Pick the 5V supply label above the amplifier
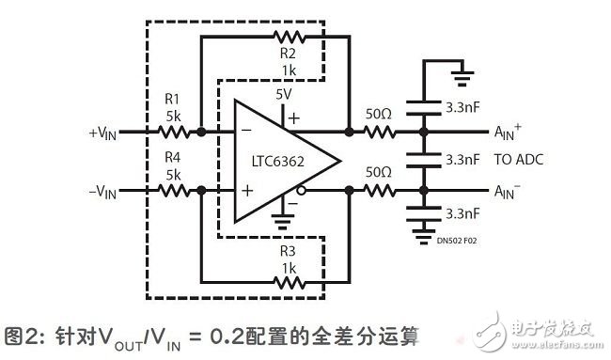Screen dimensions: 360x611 click(x=286, y=94)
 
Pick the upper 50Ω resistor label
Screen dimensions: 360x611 click(x=379, y=114)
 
